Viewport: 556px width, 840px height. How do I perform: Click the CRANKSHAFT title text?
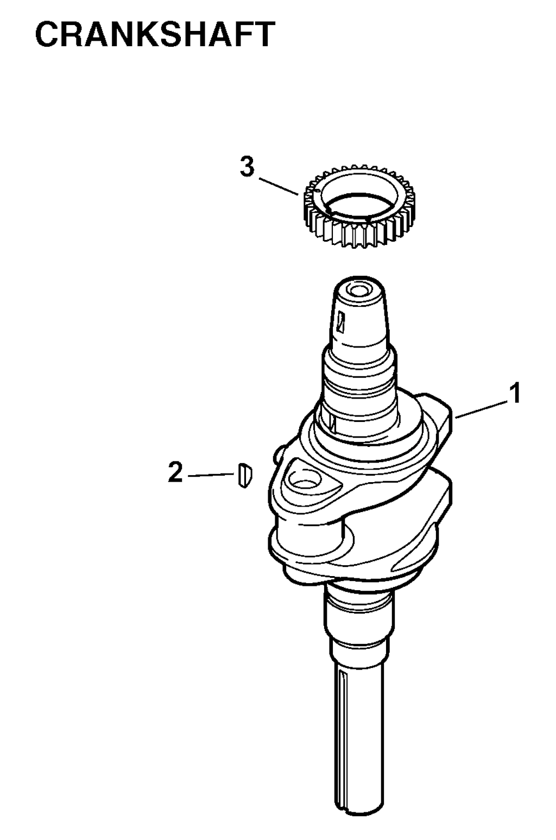[x=155, y=34]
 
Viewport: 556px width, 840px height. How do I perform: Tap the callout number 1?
[x=516, y=393]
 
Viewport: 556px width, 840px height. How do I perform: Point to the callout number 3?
[x=248, y=167]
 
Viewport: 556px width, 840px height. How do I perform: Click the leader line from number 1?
[x=481, y=409]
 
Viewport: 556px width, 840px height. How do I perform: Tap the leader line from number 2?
[x=212, y=475]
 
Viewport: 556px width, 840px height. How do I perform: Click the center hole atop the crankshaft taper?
[x=357, y=290]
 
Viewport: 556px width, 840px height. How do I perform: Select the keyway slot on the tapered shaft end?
[x=340, y=321]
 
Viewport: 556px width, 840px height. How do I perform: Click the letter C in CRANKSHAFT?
[x=47, y=34]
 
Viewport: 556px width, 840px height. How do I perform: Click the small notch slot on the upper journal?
[x=331, y=421]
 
